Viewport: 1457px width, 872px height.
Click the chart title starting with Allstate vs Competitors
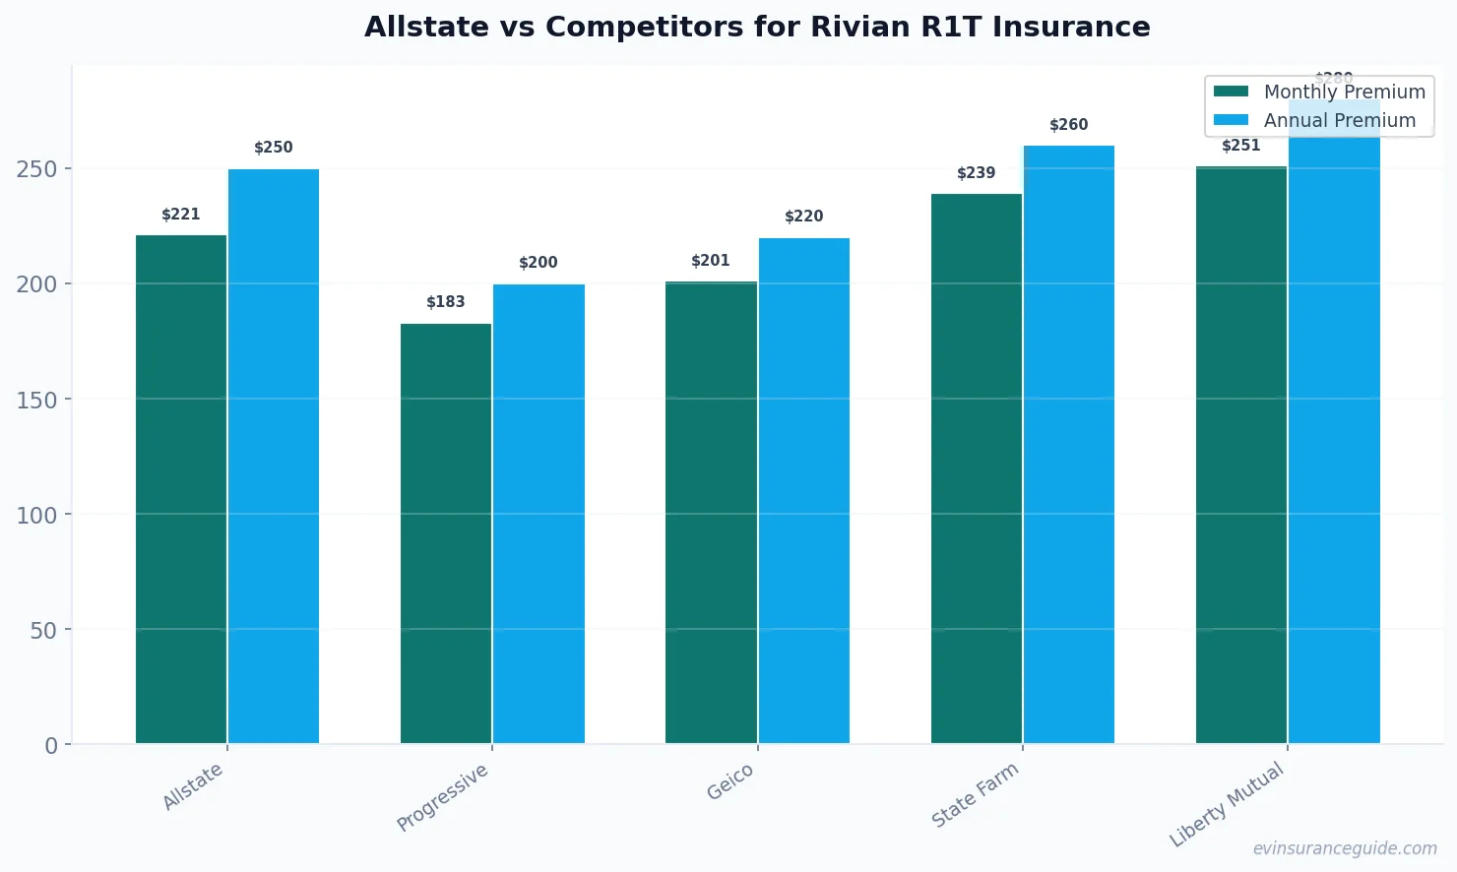(757, 27)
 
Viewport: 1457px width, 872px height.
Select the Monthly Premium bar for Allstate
(181, 489)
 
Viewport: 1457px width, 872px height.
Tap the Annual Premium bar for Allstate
(274, 456)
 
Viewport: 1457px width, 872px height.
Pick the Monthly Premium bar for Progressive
(446, 533)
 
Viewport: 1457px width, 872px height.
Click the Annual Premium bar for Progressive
(538, 514)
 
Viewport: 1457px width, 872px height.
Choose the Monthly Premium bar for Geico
(711, 513)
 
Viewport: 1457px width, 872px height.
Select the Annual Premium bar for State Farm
(1069, 444)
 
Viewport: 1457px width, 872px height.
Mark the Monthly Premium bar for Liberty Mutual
(1241, 455)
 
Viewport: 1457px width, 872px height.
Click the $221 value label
(181, 215)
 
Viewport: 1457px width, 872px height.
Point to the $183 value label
(446, 302)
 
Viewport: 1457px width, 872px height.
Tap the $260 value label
(1069, 125)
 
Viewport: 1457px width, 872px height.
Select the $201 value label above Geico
(711, 261)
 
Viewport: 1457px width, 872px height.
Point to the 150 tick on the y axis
(36, 400)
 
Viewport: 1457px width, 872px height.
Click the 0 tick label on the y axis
(51, 745)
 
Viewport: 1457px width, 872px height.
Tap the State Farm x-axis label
(976, 795)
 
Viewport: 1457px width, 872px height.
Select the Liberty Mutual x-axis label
(1227, 804)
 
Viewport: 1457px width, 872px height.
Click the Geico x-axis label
(730, 781)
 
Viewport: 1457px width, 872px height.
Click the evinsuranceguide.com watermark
(1345, 848)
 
